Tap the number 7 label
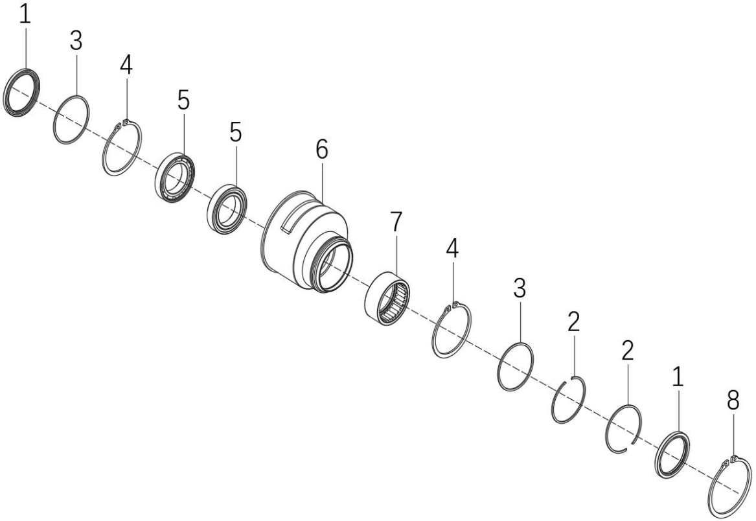395,222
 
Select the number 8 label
733,400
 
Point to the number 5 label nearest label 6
235,132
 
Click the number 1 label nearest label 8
678,376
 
